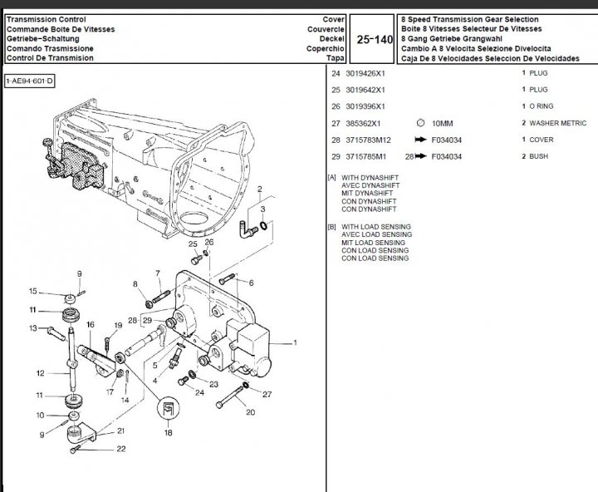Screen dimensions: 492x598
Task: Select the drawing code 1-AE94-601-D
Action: tap(29, 81)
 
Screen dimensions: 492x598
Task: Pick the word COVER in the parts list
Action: tap(542, 140)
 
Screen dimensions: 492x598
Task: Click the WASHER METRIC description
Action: tap(556, 123)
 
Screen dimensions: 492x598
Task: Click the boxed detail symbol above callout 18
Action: tap(168, 406)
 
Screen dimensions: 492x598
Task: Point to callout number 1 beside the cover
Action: tap(294, 342)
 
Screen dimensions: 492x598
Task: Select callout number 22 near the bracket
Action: tap(121, 450)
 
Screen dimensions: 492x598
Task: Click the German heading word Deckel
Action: tap(334, 38)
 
